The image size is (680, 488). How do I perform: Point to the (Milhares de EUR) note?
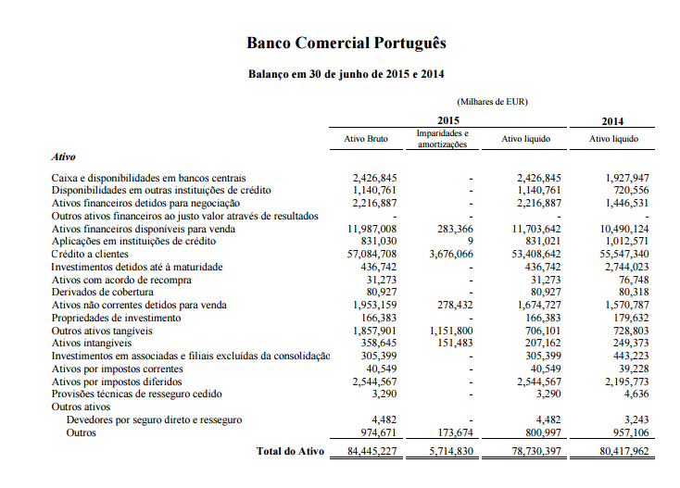pyautogui.click(x=492, y=102)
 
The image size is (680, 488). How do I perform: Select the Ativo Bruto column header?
pyautogui.click(x=366, y=140)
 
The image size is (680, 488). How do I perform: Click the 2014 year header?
pyautogui.click(x=613, y=121)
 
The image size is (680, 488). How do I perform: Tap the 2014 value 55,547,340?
pyautogui.click(x=624, y=253)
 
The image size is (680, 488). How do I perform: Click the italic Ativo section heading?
pyautogui.click(x=64, y=158)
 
